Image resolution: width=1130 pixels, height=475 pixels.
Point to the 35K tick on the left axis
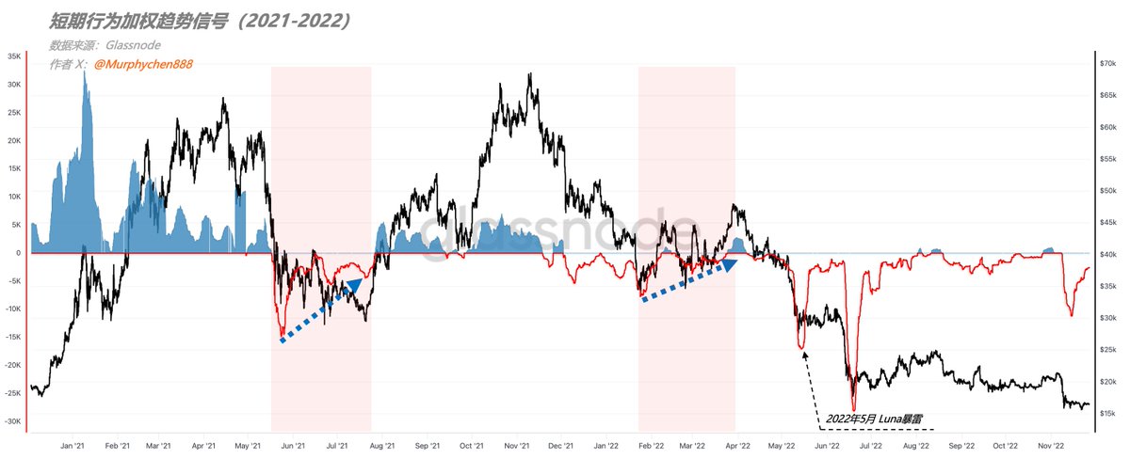pyautogui.click(x=14, y=56)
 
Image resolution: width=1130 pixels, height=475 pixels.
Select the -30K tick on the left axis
pyautogui.click(x=12, y=421)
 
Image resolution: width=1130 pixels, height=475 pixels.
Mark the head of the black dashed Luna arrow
pyautogui.click(x=803, y=353)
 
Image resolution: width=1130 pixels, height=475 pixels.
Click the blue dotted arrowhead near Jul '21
pyautogui.click(x=355, y=282)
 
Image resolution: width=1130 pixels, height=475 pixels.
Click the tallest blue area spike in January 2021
pyautogui.click(x=85, y=72)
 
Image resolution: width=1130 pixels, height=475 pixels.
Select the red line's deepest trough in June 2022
pyautogui.click(x=853, y=408)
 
